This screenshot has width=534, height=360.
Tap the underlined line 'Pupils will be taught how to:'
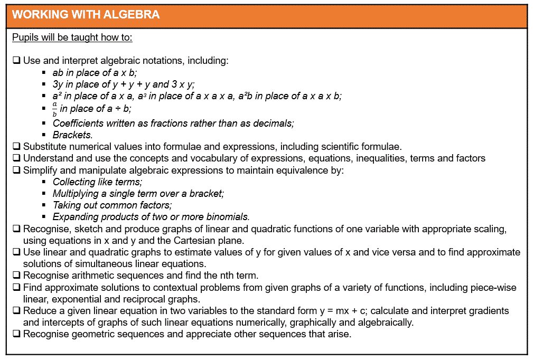[72, 37]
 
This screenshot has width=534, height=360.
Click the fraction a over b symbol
[54, 109]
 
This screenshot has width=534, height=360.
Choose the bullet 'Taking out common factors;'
[112, 205]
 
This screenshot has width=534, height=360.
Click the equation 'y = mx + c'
[341, 311]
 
